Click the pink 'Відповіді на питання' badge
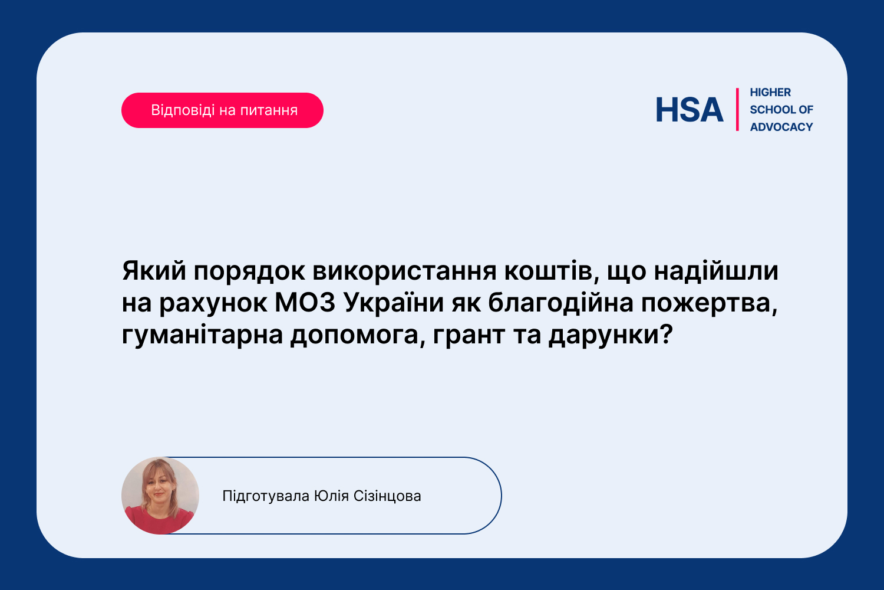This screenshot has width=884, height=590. click(222, 110)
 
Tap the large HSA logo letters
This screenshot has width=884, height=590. click(690, 110)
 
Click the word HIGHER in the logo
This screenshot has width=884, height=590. click(770, 93)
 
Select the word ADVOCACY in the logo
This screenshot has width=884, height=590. click(781, 127)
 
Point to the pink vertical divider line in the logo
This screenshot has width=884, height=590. click(737, 110)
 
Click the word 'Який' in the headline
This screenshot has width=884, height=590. click(154, 271)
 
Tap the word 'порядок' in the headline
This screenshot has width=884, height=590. click(249, 273)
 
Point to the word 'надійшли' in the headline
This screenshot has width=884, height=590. click(716, 271)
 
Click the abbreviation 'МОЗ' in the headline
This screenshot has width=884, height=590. click(305, 303)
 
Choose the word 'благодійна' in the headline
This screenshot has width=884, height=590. click(561, 304)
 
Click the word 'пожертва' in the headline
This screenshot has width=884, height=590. click(709, 304)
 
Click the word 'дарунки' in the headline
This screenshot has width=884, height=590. click(611, 336)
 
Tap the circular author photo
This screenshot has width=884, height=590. click(160, 496)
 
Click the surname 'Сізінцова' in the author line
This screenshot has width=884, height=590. click(387, 496)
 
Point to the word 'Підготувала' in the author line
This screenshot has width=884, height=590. click(266, 496)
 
